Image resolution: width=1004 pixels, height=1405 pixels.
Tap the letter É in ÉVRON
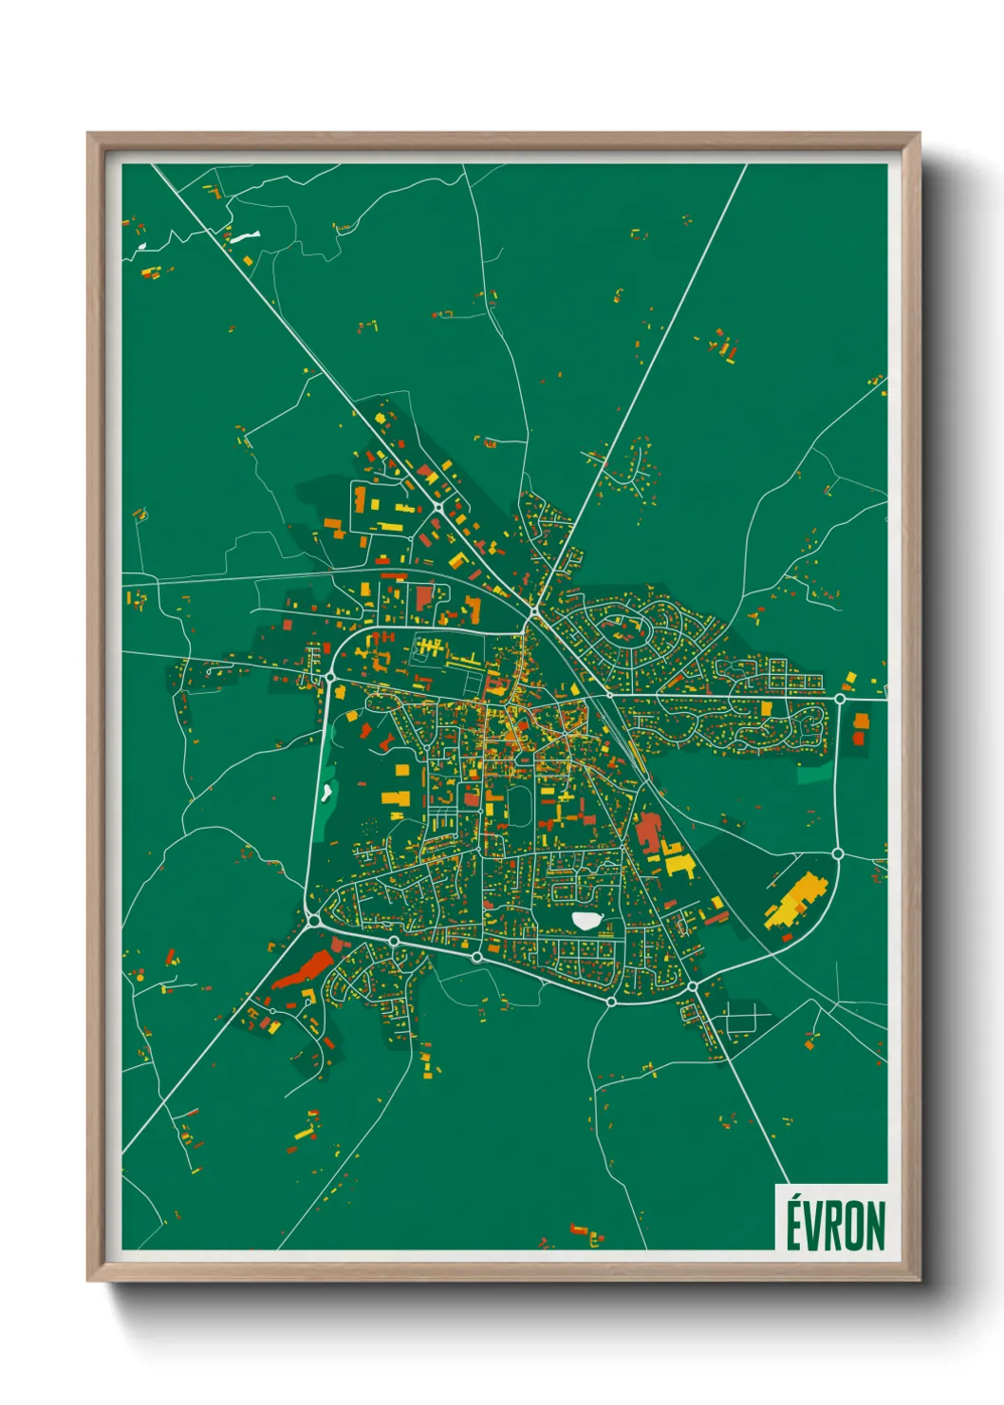pos(795,1224)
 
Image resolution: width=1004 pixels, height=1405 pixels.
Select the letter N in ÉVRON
pos(875,1226)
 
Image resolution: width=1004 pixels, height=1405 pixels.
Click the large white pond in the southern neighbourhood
pos(586,920)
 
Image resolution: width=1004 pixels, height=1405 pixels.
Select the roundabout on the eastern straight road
pos(840,699)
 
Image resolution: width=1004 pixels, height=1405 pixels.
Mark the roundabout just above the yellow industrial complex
pos(838,853)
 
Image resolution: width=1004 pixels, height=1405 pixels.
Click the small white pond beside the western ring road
pos(327,790)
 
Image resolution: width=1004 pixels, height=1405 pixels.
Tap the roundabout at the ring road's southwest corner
pos(314,920)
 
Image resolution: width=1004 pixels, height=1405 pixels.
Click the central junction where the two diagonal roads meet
pos(534,613)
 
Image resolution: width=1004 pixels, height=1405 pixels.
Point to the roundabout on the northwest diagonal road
pos(438,509)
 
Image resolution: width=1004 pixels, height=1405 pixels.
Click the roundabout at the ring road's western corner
pos(330,677)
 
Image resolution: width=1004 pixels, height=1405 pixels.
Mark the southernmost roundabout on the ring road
pos(612,1001)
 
